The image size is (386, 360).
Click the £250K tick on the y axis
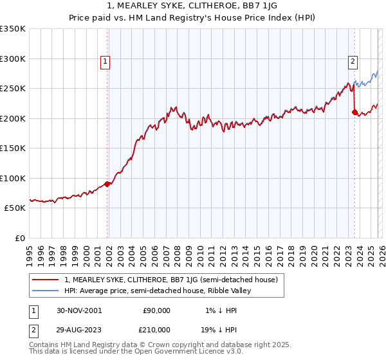(12, 89)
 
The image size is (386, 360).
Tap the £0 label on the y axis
(21, 239)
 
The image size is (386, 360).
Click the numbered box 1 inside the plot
(104, 62)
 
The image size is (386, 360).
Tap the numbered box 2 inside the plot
(353, 62)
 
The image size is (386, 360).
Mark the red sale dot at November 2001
(107, 184)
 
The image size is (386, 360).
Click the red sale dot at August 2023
(354, 113)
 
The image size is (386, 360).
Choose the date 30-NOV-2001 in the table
(80, 310)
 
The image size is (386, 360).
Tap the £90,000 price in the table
(155, 310)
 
